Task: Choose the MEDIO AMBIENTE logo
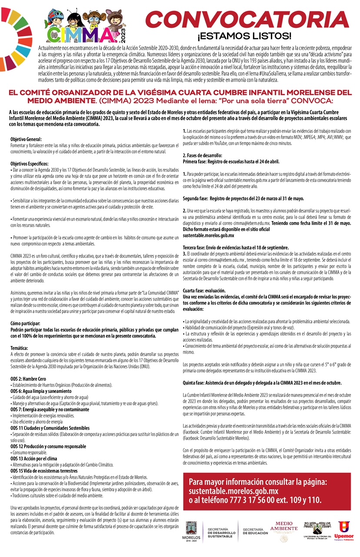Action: pyautogui.click(x=284, y=530)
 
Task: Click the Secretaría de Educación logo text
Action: pyautogui.click(x=256, y=532)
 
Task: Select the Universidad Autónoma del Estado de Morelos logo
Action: pyautogui.click(x=317, y=531)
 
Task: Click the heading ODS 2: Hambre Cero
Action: pyautogui.click(x=29, y=379)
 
